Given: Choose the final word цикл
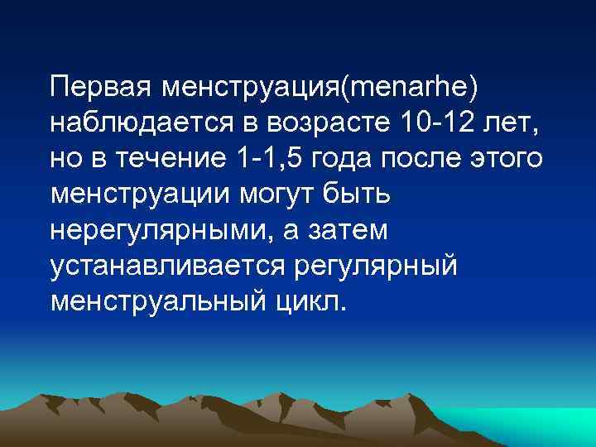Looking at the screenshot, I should (x=310, y=302).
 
